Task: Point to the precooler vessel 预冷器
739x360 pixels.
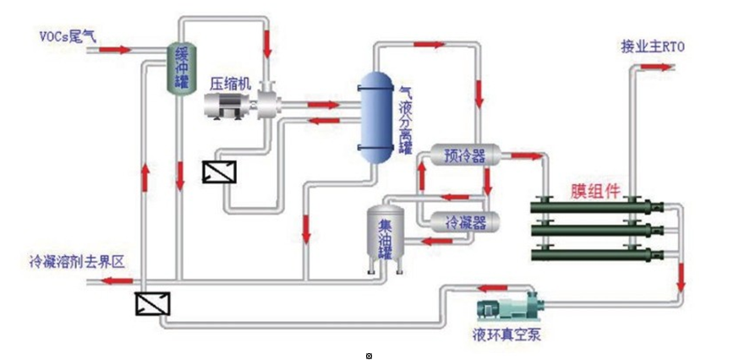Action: tap(464, 155)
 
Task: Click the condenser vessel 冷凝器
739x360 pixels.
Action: tap(464, 221)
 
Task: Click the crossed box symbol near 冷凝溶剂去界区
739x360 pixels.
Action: tap(152, 303)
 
